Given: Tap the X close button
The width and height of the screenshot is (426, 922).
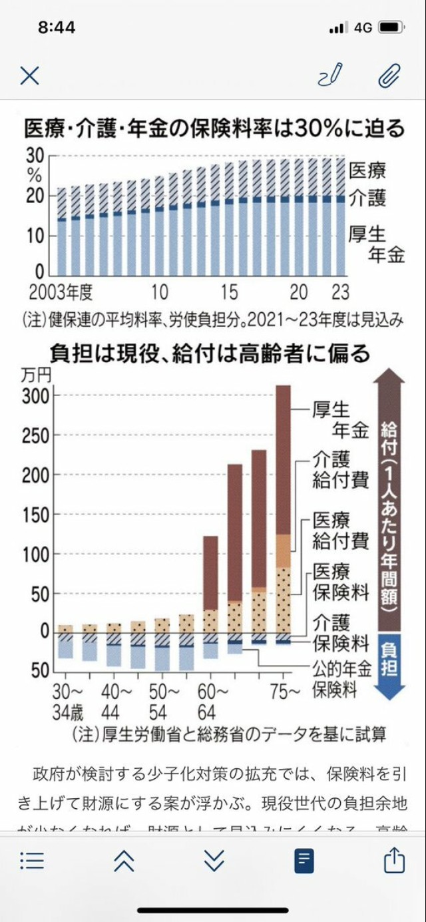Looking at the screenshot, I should (x=30, y=75).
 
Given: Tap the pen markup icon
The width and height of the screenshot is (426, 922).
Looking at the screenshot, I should (x=331, y=75).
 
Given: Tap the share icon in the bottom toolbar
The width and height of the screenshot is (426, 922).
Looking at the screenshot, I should (x=394, y=859).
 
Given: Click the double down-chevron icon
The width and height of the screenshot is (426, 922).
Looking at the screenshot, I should (x=214, y=860).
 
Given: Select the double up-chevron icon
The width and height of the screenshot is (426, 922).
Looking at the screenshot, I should (x=124, y=860).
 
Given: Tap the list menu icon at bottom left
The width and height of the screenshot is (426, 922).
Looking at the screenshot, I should (x=32, y=860).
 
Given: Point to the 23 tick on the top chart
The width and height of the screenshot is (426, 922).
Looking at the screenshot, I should (x=339, y=292).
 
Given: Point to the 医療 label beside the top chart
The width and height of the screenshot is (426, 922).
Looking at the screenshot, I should (x=367, y=170).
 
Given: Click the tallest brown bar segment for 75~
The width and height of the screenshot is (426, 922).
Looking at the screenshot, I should (x=284, y=459).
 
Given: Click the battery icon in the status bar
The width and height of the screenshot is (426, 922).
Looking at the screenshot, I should (x=391, y=28).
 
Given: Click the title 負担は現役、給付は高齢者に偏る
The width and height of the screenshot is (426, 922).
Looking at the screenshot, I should (x=210, y=353).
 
